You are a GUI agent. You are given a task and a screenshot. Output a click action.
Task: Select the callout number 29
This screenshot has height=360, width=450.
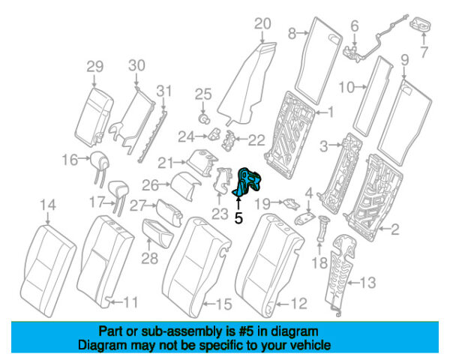(94, 67)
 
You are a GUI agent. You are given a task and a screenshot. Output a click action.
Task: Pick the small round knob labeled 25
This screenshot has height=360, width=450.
(202, 117)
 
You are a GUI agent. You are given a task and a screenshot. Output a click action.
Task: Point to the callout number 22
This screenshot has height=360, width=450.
(257, 139)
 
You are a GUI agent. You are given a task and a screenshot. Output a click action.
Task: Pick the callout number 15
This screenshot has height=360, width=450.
(223, 304)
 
